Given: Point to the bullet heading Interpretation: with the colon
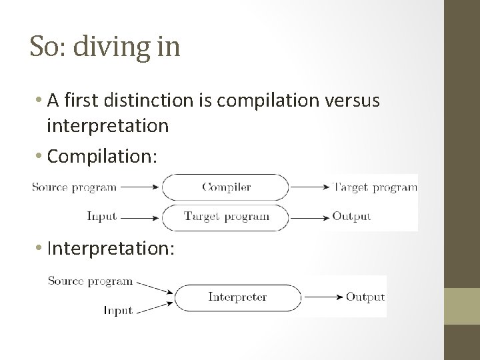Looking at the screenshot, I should click(x=111, y=248).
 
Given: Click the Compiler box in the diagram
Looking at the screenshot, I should click(x=227, y=187).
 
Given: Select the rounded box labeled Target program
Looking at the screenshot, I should click(x=227, y=216).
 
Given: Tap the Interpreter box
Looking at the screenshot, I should click(x=237, y=297).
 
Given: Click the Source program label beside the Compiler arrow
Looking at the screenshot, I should click(x=74, y=187).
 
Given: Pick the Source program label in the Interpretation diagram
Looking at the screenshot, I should click(x=90, y=281).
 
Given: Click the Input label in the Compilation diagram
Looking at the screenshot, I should click(x=101, y=216).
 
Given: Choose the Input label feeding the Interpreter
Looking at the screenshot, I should click(x=118, y=311).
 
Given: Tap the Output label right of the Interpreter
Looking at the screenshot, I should click(x=365, y=297).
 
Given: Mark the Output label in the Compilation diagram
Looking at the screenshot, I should click(x=351, y=216).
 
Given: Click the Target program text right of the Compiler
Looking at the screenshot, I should click(x=375, y=187).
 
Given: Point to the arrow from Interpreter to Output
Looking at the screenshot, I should click(x=322, y=297).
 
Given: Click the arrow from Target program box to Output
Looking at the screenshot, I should click(x=310, y=216).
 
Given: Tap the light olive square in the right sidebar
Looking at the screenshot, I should click(x=462, y=307).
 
